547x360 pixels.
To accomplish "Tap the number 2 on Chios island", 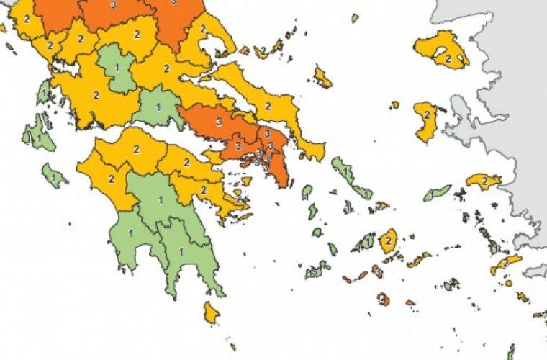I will click(426, 114).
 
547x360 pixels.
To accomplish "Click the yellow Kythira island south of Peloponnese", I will click(211, 312).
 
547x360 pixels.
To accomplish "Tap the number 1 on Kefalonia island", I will click(34, 134).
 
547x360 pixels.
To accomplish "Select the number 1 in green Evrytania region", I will click(117, 67).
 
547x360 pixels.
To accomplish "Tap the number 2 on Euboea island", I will click(268, 106).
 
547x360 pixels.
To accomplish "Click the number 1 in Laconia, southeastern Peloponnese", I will click(180, 251).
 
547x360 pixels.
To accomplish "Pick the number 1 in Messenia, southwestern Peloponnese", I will click(131, 233).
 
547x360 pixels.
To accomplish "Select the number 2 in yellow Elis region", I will click(112, 179).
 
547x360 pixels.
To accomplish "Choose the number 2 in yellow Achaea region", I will click(136, 149).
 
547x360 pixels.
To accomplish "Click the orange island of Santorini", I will click(384, 298).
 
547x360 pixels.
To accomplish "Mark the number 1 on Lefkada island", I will click(45, 94).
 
